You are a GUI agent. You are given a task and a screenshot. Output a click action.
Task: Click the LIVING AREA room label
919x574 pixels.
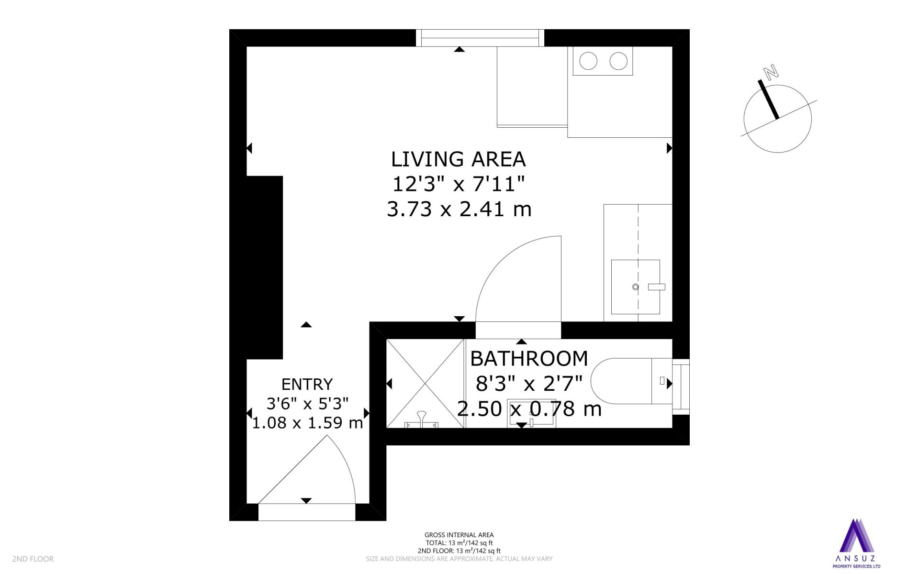click(459, 159)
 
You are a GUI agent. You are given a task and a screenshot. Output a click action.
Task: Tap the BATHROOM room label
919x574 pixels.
click(529, 358)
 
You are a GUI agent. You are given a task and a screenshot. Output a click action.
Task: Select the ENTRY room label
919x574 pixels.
click(307, 384)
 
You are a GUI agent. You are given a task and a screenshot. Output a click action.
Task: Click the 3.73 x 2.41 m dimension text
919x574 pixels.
click(459, 209)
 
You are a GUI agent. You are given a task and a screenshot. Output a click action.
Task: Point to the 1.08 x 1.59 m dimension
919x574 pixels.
click(307, 423)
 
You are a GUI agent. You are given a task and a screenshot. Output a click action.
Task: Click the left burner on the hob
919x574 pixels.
click(588, 61)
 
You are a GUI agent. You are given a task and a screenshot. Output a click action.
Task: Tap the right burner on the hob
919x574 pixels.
click(618, 61)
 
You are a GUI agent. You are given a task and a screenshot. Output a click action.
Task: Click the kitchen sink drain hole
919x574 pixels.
click(636, 287)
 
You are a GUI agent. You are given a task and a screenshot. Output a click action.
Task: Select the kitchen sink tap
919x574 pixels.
click(657, 287)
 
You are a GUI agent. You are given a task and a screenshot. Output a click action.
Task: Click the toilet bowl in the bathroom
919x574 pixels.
click(621, 381)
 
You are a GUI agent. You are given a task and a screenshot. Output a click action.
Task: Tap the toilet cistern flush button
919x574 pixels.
click(662, 381)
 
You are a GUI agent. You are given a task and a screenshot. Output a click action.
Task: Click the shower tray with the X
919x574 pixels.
click(425, 384)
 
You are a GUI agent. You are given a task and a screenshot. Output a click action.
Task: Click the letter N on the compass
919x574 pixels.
click(771, 73)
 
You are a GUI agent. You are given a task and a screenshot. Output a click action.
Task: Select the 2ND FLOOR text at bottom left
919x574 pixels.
click(33, 559)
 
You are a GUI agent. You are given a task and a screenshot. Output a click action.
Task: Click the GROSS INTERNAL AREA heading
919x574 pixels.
click(459, 535)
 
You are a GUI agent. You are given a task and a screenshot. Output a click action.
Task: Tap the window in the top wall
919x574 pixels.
click(480, 38)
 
